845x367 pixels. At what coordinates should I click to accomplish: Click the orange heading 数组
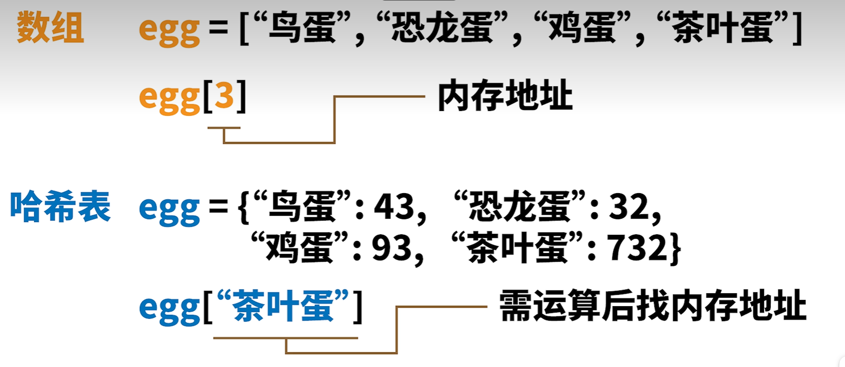[50, 28]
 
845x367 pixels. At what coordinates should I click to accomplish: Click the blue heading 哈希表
[60, 206]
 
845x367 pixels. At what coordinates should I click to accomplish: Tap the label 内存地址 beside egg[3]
[505, 96]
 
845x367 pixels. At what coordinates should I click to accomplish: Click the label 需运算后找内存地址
[652, 306]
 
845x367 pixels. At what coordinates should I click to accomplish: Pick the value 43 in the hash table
[394, 206]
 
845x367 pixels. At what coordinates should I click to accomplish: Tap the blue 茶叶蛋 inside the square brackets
[283, 306]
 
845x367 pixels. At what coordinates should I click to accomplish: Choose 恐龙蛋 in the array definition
[442, 28]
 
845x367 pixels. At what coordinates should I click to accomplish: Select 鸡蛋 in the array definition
[582, 28]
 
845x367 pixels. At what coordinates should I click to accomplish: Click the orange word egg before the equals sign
[169, 30]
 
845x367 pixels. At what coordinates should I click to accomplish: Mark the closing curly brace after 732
[675, 249]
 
